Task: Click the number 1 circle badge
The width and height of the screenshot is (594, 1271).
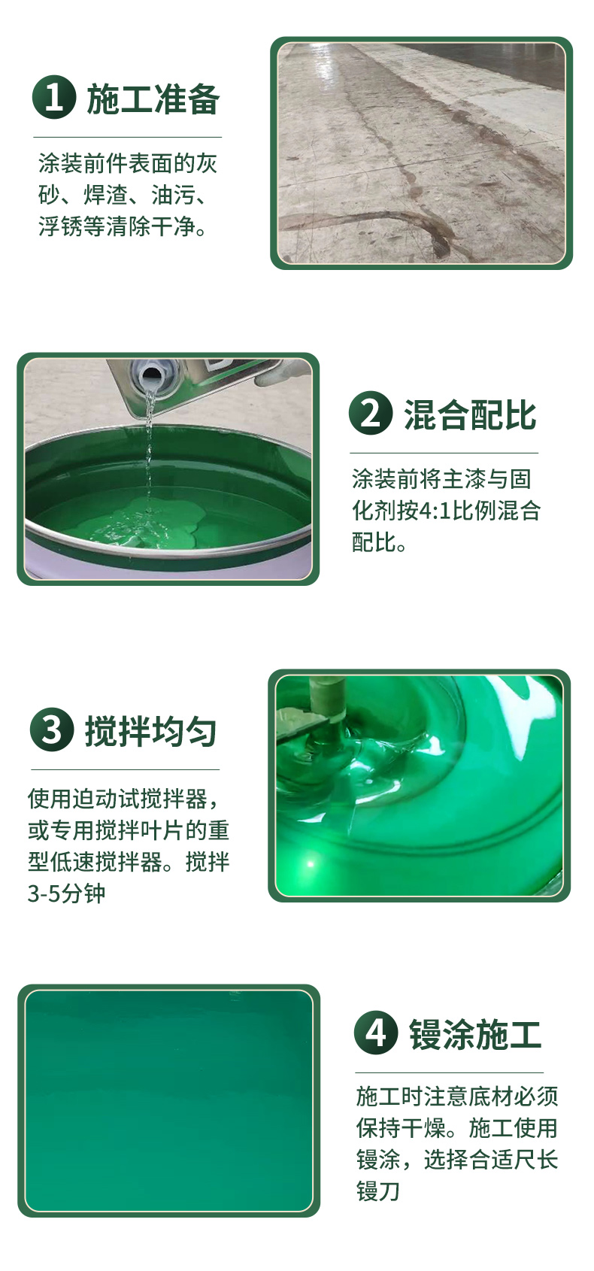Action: pos(54,97)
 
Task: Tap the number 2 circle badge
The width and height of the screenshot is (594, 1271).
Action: pos(371,413)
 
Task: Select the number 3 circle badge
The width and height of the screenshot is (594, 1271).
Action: pos(52,730)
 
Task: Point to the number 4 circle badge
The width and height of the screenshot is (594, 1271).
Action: pos(376,1032)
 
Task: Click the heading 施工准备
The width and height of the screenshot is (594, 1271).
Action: pos(153,99)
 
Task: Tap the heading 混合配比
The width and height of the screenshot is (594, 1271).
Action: pos(470,415)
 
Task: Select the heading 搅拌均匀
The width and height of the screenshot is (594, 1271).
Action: pos(150,732)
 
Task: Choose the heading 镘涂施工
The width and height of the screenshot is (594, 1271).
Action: pos(475,1034)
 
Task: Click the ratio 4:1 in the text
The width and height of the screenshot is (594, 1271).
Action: pos(435,511)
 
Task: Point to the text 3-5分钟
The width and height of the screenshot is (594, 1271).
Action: pos(66,893)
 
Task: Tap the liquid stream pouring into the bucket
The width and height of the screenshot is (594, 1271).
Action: pos(149,448)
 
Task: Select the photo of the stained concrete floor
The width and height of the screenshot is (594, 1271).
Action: pos(422,153)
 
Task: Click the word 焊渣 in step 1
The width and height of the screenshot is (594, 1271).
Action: pos(106,195)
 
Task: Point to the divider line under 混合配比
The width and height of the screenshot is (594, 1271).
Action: pos(444,453)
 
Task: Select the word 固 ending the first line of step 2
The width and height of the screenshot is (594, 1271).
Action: pos(520,479)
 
